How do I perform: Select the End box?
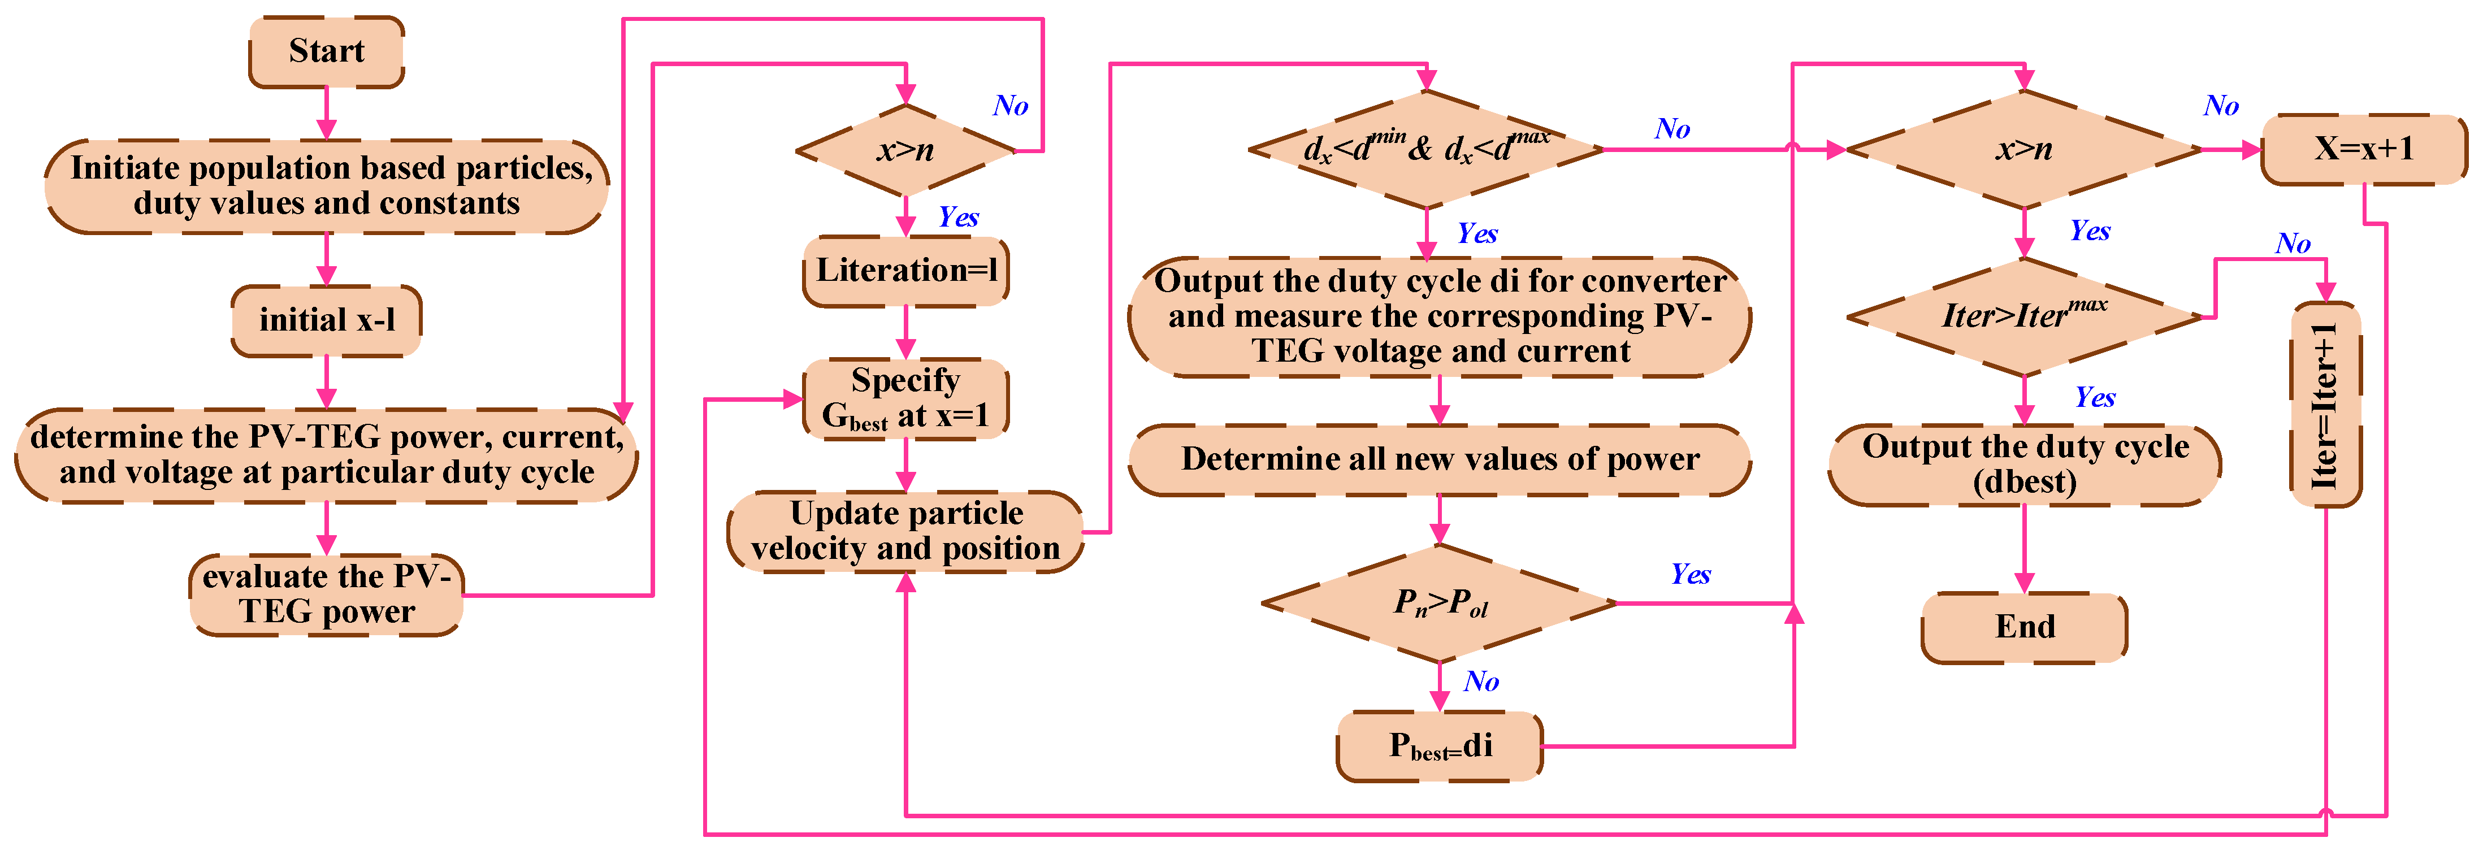[x=2024, y=627]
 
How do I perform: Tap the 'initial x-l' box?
[x=327, y=320]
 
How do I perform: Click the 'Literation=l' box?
[x=906, y=271]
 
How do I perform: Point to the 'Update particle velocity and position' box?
[x=906, y=531]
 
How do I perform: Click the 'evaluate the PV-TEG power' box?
[x=327, y=594]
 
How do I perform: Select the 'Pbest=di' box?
[x=1440, y=746]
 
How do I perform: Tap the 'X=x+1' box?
[x=2364, y=149]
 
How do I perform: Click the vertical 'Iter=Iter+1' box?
[x=2326, y=405]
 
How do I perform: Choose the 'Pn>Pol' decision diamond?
[x=1440, y=604]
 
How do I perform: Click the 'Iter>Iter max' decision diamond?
[x=2024, y=316]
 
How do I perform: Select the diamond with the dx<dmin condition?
[x=1427, y=149]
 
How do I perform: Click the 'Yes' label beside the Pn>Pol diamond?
[x=1691, y=575]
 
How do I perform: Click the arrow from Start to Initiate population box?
[x=327, y=114]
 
